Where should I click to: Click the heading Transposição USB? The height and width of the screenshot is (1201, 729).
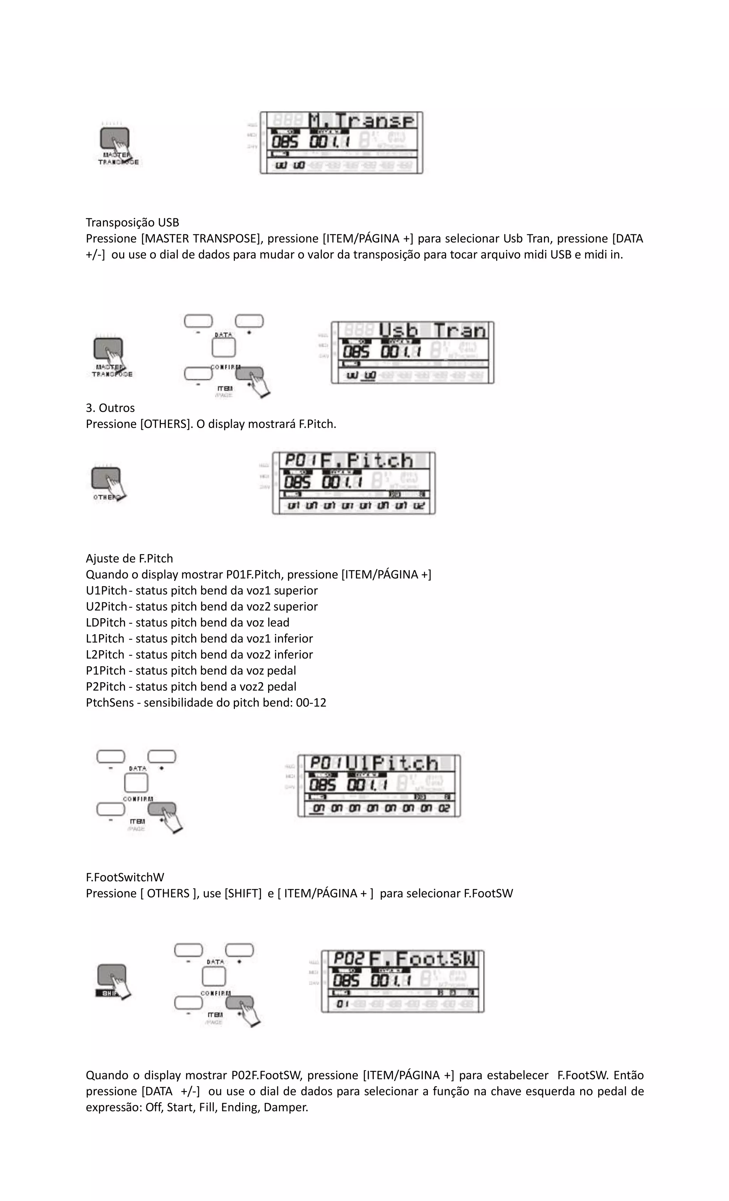click(x=132, y=223)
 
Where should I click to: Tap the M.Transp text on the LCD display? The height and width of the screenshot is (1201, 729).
click(x=362, y=121)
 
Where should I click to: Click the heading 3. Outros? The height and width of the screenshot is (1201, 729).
click(x=110, y=408)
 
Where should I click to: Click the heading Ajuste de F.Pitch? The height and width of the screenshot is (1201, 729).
click(x=129, y=559)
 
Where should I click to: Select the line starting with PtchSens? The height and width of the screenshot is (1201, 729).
click(x=206, y=703)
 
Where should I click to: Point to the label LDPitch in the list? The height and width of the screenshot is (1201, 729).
click(x=105, y=623)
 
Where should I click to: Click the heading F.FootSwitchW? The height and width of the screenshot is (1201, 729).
click(x=125, y=877)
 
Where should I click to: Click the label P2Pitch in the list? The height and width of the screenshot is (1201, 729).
click(x=105, y=687)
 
